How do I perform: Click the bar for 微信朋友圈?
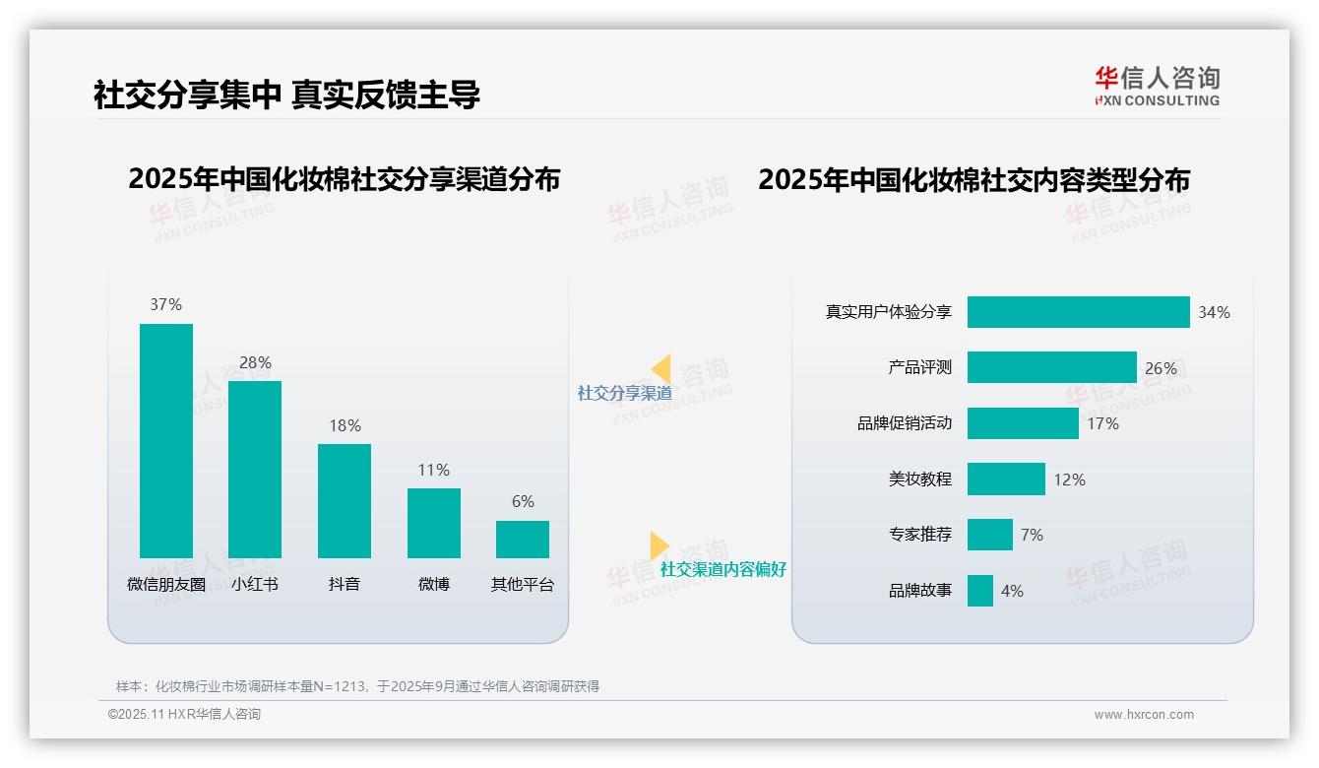point(165,440)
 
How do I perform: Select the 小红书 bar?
point(255,469)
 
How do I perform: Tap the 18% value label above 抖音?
point(345,425)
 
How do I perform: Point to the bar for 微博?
point(433,523)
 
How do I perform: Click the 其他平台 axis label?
point(523,584)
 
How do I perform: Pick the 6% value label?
point(523,501)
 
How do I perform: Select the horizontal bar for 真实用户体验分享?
point(1078,312)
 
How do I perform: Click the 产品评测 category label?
point(919,367)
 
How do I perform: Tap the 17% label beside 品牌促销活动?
point(1102,423)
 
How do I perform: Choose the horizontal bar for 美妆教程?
point(1006,480)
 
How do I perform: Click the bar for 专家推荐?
point(989,535)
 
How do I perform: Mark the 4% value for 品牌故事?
point(1012,591)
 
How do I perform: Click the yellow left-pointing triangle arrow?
point(661,369)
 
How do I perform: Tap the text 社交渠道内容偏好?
point(722,569)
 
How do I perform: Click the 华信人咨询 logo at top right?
point(1157,86)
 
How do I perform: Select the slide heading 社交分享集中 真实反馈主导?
point(286,96)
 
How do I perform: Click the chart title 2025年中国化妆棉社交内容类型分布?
point(974,179)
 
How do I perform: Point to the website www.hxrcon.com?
point(1144,715)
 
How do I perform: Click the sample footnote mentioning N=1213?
point(357,686)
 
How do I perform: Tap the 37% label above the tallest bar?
point(165,304)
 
